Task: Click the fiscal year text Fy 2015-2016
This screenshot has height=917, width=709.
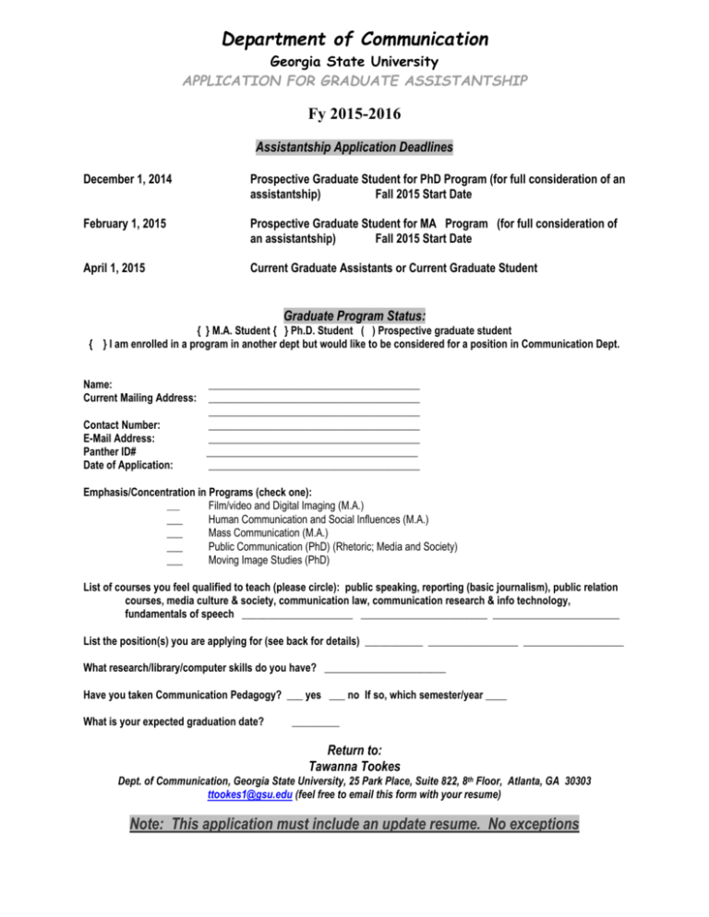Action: pyautogui.click(x=354, y=117)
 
